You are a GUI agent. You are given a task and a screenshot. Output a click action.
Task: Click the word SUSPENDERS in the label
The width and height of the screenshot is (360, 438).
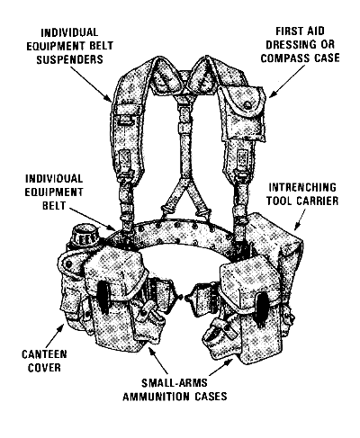(x=69, y=59)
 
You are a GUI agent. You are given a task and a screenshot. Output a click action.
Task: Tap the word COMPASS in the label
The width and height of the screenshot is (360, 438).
(x=285, y=58)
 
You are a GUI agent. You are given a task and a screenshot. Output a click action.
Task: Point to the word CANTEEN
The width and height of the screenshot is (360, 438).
(x=44, y=354)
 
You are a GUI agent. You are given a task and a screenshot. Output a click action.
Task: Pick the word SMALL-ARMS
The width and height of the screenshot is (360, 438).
(x=175, y=383)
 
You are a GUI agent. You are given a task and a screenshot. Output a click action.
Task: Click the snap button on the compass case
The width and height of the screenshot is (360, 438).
(x=247, y=104)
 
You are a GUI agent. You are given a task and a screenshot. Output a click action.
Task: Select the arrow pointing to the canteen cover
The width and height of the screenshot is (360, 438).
(x=56, y=335)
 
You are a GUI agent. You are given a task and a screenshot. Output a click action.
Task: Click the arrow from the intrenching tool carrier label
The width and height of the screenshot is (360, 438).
(x=300, y=219)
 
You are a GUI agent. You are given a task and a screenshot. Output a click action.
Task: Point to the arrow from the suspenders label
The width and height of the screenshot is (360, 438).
(x=91, y=84)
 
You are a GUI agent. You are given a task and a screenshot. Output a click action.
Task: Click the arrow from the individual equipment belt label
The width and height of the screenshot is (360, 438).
(x=94, y=219)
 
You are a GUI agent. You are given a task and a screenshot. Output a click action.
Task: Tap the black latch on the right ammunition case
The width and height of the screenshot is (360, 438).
(x=260, y=308)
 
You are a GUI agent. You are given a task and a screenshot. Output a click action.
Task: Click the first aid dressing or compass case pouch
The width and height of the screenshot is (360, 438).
(x=242, y=113)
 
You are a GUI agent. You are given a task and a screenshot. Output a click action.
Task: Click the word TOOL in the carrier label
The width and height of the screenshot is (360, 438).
(x=282, y=201)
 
